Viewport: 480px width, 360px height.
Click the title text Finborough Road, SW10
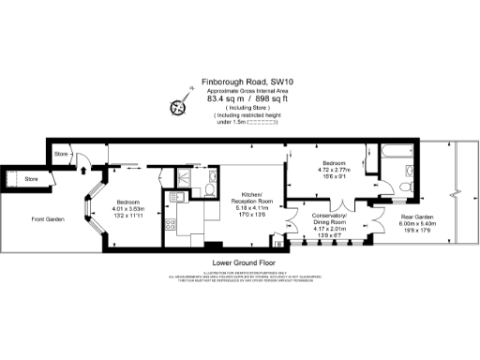coord(243,82)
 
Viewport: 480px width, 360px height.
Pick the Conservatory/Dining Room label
coord(329,213)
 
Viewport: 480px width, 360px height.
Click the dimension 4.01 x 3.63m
coord(127,209)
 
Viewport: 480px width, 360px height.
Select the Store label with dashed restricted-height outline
coord(31,178)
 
